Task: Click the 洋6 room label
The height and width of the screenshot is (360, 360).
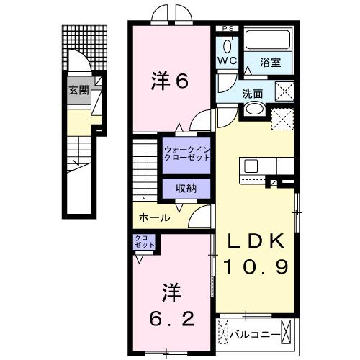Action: [x=170, y=81]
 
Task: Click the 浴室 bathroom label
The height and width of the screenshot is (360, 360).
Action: [x=271, y=63]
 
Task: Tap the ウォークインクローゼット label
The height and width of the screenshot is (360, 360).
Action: [x=186, y=153]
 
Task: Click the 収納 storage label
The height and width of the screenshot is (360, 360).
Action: [x=186, y=188]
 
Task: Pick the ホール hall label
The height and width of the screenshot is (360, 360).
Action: [x=154, y=217]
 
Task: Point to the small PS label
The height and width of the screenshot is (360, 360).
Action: [x=228, y=29]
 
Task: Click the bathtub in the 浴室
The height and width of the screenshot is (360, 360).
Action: [x=267, y=41]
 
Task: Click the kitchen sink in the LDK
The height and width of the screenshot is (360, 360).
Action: [x=251, y=166]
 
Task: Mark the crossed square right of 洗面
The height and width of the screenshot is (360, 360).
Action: [x=284, y=91]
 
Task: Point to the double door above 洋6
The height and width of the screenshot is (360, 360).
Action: [x=168, y=14]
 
